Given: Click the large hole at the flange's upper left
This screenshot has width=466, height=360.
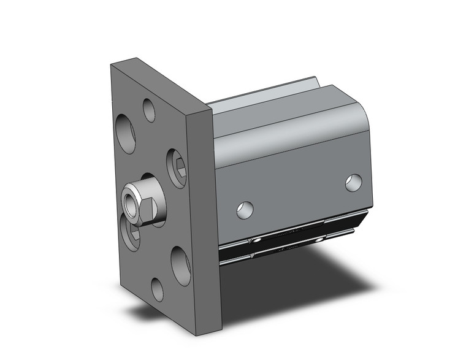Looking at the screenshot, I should (126, 133).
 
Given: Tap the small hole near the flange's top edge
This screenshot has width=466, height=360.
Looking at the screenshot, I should (149, 110).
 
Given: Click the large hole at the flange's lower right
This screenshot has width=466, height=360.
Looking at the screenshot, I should (181, 266).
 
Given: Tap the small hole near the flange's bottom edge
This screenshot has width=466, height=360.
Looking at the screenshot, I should (158, 289).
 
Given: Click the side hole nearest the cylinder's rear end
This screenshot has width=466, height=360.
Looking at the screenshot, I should (353, 182).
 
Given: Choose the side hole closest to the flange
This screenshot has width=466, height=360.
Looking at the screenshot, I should (245, 210).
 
